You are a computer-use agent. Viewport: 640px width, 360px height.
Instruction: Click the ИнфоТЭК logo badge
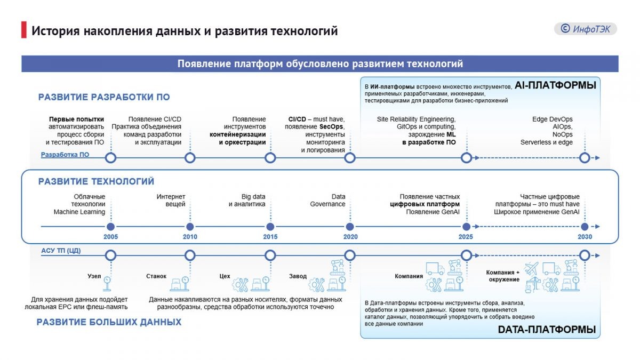click(585, 29)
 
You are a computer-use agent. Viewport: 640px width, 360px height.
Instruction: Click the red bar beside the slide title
click(23, 30)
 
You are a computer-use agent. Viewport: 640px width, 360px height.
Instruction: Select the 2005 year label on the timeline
click(110, 237)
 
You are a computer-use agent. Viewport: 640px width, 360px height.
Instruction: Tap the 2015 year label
click(270, 237)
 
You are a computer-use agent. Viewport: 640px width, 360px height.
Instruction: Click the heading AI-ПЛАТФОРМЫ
click(555, 85)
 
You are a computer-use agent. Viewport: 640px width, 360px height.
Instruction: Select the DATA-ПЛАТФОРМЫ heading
click(547, 330)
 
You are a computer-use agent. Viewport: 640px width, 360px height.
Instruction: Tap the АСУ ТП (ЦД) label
click(61, 251)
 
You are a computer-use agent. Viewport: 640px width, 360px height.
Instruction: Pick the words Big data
click(253, 196)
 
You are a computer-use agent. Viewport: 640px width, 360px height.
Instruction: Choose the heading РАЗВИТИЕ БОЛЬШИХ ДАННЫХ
click(109, 322)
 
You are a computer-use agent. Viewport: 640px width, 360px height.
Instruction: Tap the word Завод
click(298, 276)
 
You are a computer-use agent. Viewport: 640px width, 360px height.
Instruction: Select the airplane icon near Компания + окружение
click(531, 268)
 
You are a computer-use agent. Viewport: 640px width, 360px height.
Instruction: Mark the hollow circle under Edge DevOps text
click(584, 158)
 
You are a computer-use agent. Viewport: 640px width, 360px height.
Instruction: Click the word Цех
click(225, 276)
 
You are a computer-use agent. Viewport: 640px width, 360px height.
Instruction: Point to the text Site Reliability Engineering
click(416, 119)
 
